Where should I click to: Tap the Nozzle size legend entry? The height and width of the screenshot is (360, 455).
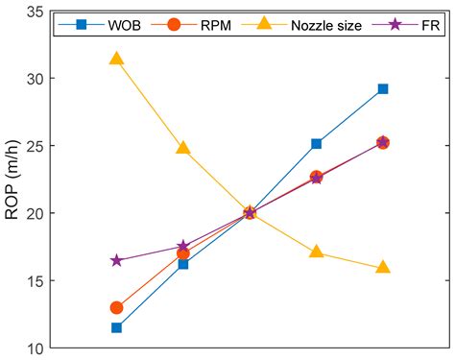(x=321, y=26)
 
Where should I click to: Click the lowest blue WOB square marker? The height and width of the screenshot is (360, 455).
(x=116, y=327)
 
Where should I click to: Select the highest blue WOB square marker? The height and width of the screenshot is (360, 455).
(x=383, y=89)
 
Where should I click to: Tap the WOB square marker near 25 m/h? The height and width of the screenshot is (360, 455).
(x=316, y=144)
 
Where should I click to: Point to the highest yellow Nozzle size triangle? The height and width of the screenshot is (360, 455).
(x=116, y=59)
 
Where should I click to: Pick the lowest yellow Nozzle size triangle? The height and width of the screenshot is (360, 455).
(x=383, y=267)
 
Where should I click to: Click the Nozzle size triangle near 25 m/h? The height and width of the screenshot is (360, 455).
(x=183, y=148)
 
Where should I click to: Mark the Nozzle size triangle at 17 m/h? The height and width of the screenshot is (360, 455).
(x=316, y=252)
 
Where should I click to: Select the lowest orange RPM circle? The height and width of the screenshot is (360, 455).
(x=116, y=307)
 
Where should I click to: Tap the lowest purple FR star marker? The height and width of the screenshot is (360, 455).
(x=116, y=260)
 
